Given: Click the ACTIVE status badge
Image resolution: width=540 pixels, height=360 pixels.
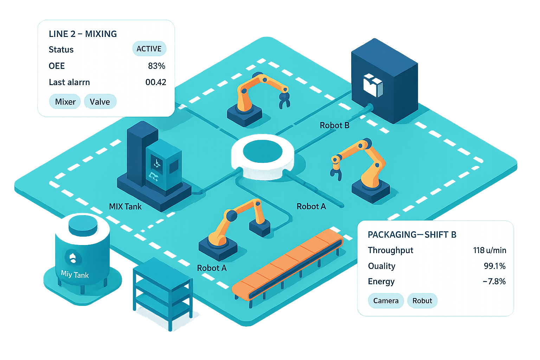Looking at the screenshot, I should (149, 49).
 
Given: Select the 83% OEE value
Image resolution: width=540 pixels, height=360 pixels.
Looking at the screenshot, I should (156, 66).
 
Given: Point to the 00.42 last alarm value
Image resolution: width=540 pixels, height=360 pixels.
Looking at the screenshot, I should (156, 82).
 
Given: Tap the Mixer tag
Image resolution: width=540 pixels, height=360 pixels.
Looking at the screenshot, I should (65, 102).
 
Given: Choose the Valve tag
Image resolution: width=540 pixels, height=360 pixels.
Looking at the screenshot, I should (100, 102).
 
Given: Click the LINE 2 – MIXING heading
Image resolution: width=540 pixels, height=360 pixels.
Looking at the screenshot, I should (83, 34).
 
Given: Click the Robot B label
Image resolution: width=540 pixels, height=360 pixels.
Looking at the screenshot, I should (334, 125).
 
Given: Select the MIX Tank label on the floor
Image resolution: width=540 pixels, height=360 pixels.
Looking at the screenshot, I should (125, 206).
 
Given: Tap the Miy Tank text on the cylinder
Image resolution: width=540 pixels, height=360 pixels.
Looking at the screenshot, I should (75, 274).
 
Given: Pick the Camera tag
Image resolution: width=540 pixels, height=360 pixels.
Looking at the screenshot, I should (386, 301).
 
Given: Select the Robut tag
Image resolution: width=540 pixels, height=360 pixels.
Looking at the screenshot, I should (422, 301).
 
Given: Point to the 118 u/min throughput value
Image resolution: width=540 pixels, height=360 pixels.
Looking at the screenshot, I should (489, 250).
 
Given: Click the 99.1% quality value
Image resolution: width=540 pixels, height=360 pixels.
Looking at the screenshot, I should (494, 266).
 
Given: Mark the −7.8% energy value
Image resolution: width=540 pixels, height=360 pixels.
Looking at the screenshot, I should (494, 281).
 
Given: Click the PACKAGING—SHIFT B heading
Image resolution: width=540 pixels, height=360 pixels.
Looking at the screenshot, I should (412, 234).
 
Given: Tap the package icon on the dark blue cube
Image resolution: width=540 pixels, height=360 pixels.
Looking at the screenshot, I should (373, 85).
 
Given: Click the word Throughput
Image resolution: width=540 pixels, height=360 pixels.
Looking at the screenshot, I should (390, 250).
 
